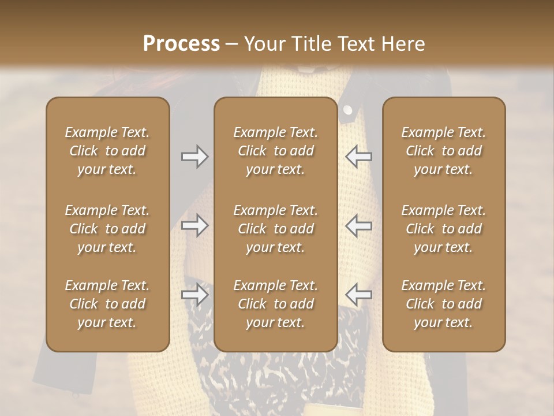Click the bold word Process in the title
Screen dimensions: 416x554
[181, 44]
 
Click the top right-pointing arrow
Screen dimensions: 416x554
[194, 157]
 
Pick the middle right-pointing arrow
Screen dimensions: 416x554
[194, 225]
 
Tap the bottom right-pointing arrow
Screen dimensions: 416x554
[194, 295]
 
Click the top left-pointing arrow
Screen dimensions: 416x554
[359, 157]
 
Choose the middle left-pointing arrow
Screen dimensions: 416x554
[359, 225]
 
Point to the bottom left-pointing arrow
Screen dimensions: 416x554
[359, 295]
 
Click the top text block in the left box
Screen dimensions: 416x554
[107, 151]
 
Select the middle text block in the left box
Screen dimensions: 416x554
[107, 229]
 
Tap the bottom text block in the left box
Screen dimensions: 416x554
[107, 304]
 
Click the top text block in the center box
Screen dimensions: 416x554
[275, 151]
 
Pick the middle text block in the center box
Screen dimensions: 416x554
[275, 229]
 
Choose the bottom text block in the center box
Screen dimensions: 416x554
[275, 304]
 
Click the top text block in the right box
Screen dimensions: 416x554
[444, 151]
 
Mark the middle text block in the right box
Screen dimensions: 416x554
[444, 229]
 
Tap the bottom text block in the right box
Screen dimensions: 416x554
[444, 304]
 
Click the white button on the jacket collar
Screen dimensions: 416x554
[347, 110]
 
